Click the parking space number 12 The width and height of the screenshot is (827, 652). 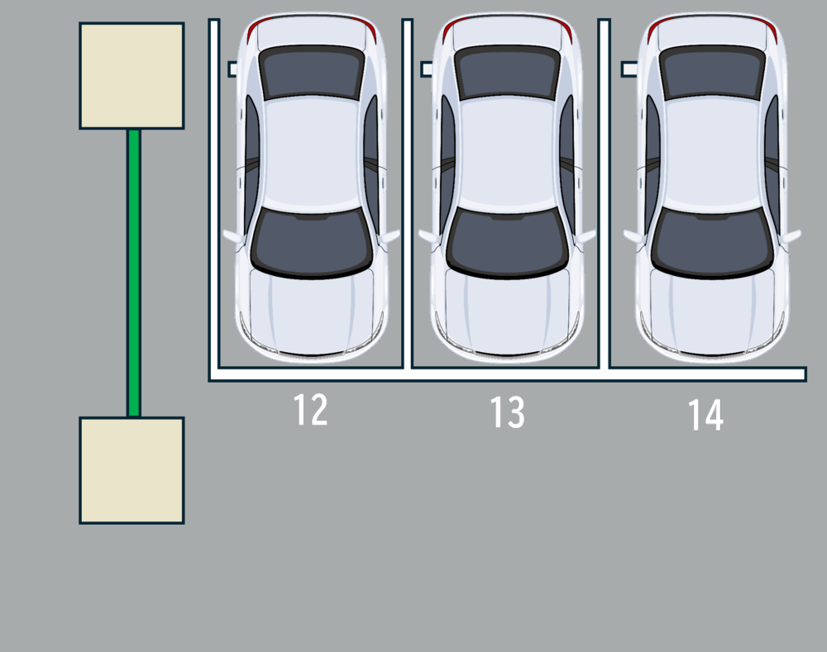310,410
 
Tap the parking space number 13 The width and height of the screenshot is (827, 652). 508,412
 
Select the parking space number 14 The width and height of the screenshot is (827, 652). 705,415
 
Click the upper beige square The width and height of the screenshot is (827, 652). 131,75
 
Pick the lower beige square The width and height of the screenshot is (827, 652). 131,470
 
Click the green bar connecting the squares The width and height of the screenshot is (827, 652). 134,273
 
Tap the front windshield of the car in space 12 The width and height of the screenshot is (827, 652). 312,241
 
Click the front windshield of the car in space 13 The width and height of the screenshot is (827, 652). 508,241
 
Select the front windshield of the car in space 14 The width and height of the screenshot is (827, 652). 713,241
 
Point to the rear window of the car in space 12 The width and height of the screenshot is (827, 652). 312,72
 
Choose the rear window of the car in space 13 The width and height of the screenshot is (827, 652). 508,72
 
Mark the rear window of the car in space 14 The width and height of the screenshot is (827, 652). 713,72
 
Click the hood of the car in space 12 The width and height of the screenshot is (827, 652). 312,314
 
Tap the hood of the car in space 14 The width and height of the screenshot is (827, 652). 713,314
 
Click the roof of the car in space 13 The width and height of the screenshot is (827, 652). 508,154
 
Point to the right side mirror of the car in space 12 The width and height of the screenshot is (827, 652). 390,236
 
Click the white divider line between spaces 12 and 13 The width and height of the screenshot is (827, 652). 407,194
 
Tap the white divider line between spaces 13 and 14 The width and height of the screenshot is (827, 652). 604,194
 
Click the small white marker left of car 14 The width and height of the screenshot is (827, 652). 629,69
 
